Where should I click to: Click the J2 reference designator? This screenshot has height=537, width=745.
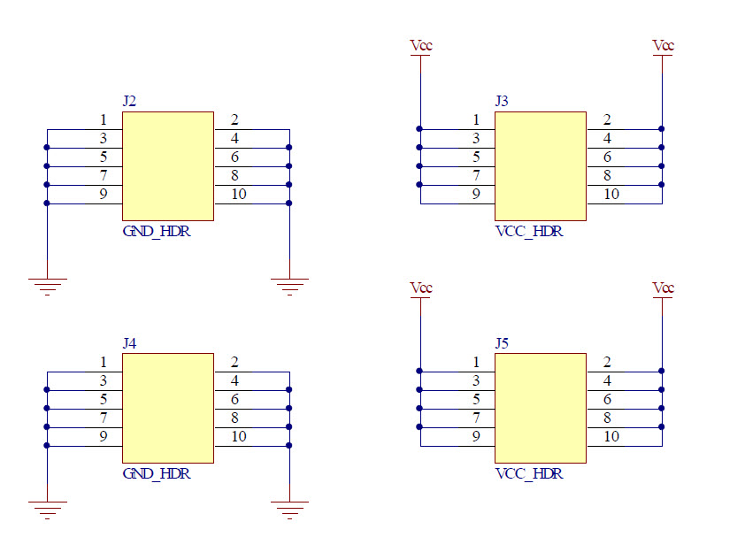129,101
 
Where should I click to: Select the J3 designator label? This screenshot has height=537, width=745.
502,101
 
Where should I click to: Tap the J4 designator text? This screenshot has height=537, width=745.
129,342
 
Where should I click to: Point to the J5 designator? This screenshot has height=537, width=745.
502,342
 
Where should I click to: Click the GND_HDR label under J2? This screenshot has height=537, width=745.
157,233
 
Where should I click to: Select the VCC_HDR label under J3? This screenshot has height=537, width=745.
529,233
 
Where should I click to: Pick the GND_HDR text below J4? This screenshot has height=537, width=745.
157,473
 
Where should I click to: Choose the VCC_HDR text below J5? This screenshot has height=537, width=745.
529,473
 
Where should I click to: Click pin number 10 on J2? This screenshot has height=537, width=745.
239,194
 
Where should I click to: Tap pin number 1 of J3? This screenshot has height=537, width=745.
476,119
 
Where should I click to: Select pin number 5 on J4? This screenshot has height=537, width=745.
104,398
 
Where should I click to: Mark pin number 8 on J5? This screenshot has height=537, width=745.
607,417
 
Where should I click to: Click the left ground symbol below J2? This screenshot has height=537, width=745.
47,285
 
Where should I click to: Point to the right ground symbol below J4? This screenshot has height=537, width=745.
289,509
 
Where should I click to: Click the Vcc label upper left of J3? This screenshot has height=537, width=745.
421,45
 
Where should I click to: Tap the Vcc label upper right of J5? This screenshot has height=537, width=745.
663,288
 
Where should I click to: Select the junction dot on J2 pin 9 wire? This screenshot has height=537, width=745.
47,203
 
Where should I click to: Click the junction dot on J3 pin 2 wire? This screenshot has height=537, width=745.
662,129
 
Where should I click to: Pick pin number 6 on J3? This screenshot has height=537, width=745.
607,157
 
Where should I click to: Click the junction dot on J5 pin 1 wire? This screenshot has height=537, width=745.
420,371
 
